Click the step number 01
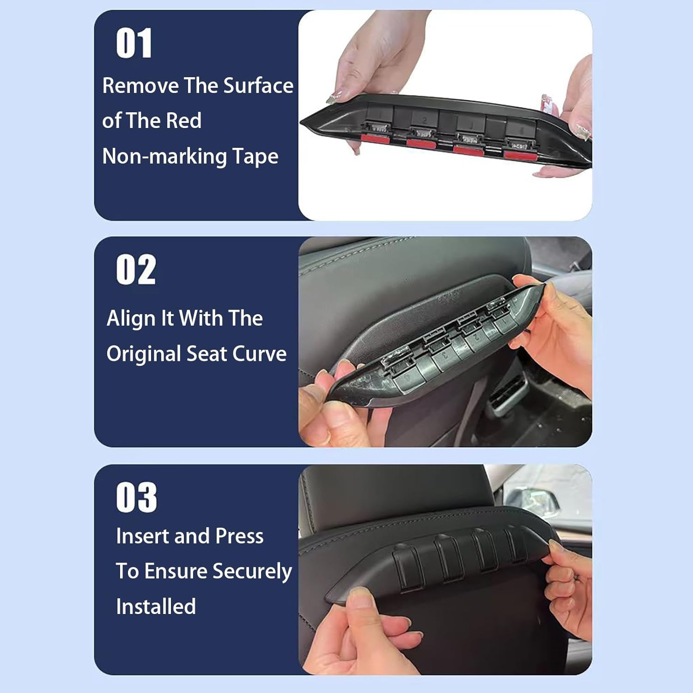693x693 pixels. point(134,43)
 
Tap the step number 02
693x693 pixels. point(136,270)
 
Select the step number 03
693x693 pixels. point(136,498)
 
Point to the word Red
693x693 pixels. point(183,121)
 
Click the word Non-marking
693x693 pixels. point(164,156)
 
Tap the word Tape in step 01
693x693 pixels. point(255,157)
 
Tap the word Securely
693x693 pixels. point(252,571)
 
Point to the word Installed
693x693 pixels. point(156,607)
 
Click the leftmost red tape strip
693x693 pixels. point(375,138)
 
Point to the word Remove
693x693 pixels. point(140,85)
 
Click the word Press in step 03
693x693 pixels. point(239,536)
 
